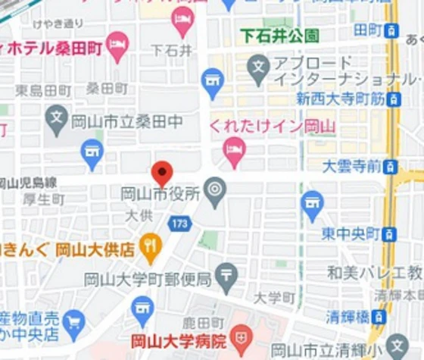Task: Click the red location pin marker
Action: pos(162,172)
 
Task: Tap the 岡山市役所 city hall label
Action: pos(161,195)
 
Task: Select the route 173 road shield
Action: pos(180,224)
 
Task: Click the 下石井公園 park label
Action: pos(280,36)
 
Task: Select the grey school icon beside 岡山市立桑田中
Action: pos(57,117)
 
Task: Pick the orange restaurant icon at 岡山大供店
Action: pos(151,245)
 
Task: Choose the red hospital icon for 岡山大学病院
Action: pos(241,338)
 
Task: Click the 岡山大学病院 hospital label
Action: pos(179,341)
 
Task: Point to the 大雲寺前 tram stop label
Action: pos(351,166)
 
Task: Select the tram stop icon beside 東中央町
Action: pos(390,234)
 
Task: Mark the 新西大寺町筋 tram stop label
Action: pos(341,98)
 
